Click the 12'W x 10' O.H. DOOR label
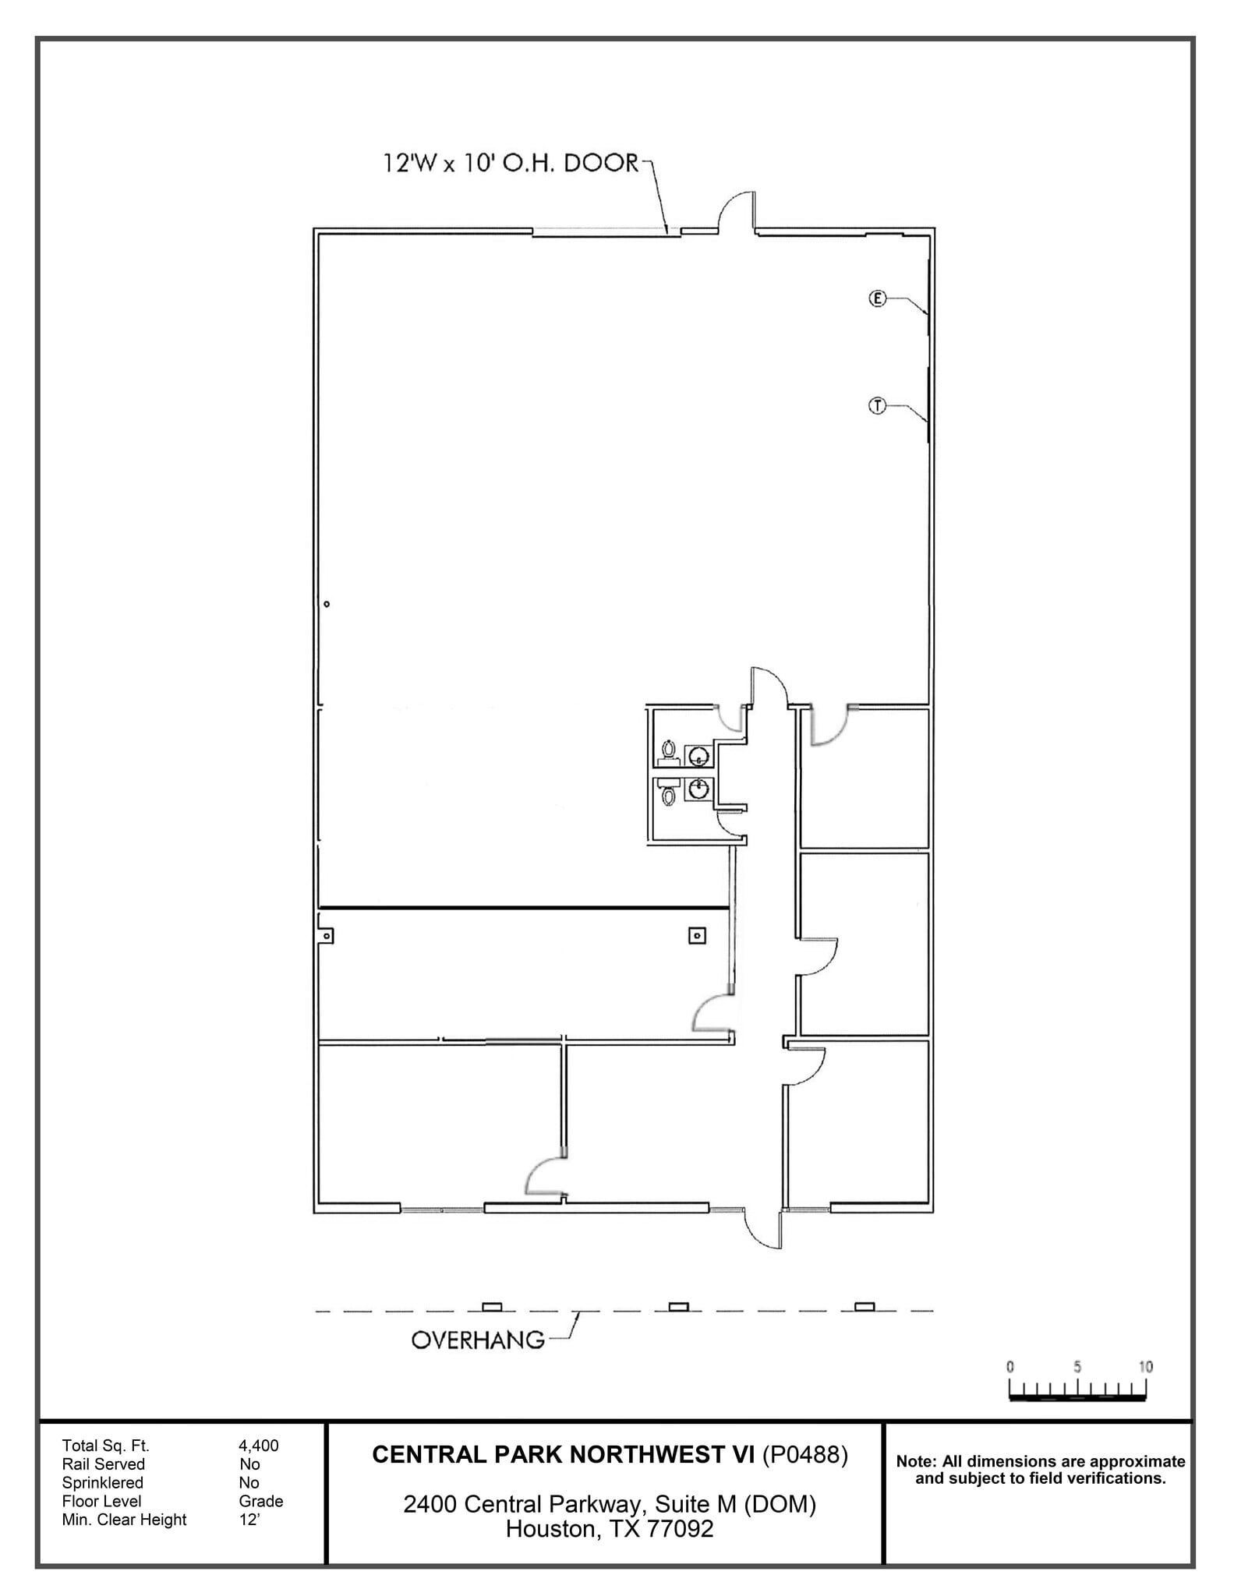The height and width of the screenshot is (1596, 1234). (511, 164)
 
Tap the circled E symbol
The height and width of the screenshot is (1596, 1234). (878, 298)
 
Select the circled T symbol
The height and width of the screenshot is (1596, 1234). (878, 405)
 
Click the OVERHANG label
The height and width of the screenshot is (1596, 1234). (478, 1340)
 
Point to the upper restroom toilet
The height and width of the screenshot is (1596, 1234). (668, 750)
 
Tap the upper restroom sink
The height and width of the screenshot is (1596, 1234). (698, 755)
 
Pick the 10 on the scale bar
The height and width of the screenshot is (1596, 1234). (1144, 1366)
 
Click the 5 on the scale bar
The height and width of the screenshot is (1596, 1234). (1077, 1366)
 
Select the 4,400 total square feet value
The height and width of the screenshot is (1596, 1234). (258, 1446)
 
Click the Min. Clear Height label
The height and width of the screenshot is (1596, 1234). (124, 1519)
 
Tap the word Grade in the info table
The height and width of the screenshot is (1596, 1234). (260, 1501)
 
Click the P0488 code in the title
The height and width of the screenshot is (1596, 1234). (804, 1455)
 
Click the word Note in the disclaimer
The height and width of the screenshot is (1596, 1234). (916, 1461)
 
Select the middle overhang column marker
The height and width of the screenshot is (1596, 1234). (678, 1307)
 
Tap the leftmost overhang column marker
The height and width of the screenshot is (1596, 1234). (492, 1307)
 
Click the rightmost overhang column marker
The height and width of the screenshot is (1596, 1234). (865, 1307)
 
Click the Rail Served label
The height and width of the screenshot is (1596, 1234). (103, 1464)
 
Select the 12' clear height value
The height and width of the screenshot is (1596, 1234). (249, 1519)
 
